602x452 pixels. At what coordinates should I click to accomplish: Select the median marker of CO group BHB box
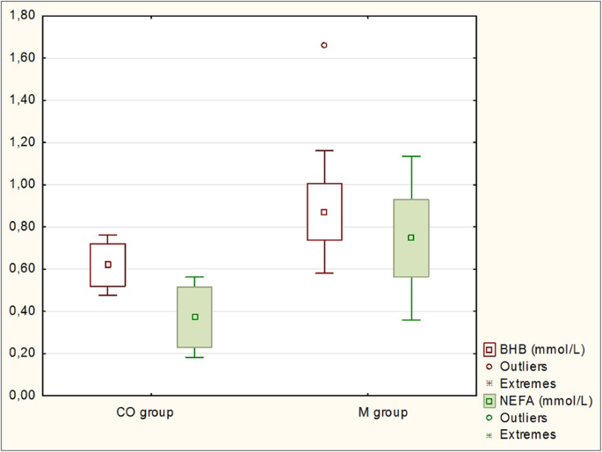coord(109,264)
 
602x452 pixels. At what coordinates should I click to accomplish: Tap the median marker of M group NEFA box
coord(410,237)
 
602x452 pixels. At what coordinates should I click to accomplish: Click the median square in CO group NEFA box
coord(195,317)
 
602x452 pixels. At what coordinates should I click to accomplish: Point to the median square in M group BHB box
coord(324,212)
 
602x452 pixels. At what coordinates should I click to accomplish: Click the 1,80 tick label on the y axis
coord(20,16)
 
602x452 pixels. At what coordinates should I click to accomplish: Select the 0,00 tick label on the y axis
coord(20,396)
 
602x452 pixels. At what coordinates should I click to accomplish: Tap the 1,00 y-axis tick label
coord(20,185)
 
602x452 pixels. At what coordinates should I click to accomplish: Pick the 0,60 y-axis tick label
coord(20,269)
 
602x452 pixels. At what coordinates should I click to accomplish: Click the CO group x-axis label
coord(144,412)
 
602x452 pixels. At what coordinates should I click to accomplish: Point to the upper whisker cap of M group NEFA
coord(410,156)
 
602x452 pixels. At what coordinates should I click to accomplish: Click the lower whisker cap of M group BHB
coord(324,273)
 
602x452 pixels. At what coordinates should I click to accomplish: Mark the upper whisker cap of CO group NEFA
coord(195,277)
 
